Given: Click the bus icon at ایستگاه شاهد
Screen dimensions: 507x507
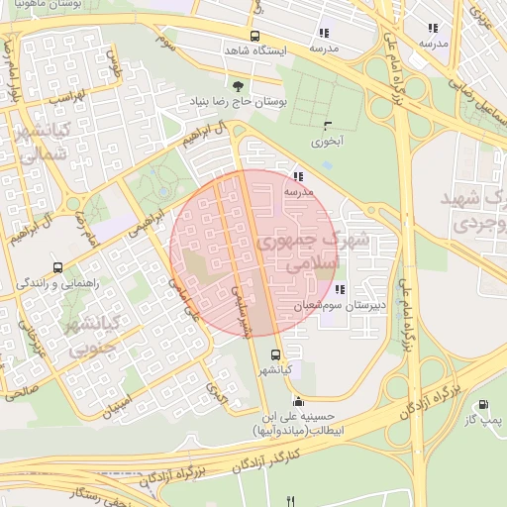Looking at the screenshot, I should click(255, 36).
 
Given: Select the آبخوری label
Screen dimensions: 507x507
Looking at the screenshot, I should click(328, 142).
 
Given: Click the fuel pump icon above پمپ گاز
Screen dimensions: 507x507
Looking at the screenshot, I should click(482, 404).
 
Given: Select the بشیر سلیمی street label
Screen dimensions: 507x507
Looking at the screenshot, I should click(241, 313).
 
